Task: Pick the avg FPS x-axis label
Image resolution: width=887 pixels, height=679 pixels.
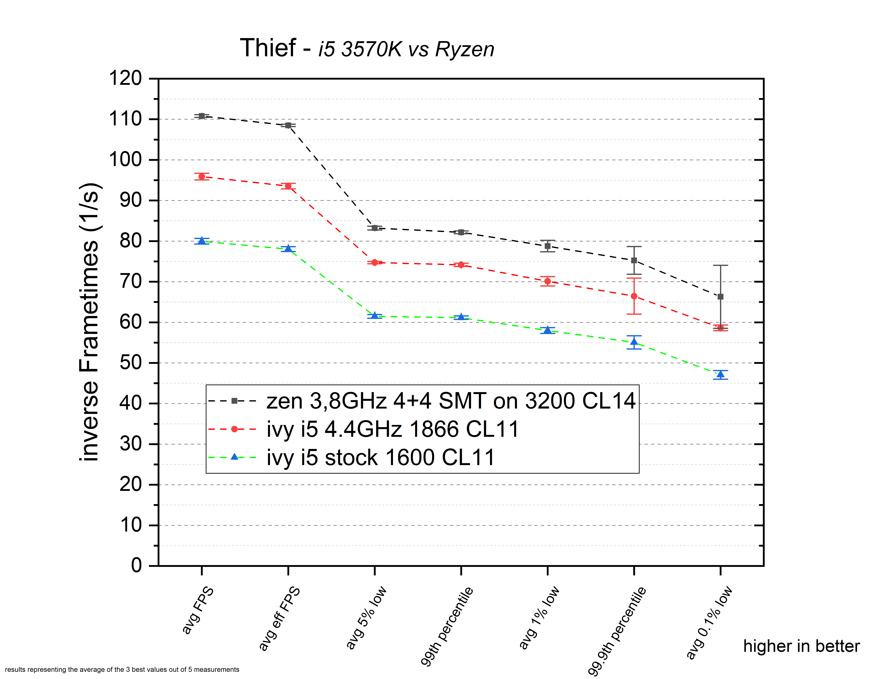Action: click(198, 610)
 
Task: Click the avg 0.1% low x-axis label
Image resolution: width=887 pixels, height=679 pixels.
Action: click(709, 622)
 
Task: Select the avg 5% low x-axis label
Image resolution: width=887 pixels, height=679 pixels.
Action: click(366, 618)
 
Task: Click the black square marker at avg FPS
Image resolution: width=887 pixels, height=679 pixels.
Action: click(202, 116)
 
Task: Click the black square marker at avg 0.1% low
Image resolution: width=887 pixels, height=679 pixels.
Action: click(721, 297)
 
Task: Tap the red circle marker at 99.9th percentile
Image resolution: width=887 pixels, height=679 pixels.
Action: click(634, 296)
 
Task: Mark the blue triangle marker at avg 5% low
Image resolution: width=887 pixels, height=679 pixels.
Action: click(375, 315)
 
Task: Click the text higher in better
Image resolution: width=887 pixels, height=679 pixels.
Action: click(801, 646)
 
